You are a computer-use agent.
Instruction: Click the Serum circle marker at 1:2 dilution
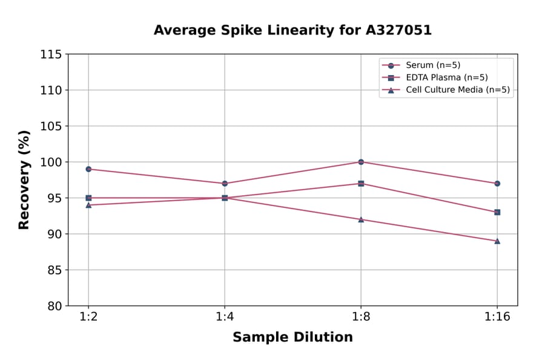coord(88,169)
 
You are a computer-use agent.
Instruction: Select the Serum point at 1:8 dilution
coord(361,162)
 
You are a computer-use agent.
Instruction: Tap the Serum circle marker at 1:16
coord(497,183)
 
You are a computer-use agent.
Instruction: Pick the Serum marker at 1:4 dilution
coord(225,183)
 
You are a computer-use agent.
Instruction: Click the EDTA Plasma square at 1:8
coord(361,183)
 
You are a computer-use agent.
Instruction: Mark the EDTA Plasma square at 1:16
coord(497,212)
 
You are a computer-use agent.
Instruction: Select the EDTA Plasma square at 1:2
coord(88,198)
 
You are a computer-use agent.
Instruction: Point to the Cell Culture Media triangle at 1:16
coord(497,241)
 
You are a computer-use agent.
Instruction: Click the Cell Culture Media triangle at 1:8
coord(361,219)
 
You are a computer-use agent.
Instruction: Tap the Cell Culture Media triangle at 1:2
coord(88,205)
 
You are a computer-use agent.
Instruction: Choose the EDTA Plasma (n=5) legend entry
coord(446,78)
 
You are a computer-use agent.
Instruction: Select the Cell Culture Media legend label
coord(457,90)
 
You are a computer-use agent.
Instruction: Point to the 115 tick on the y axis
coord(51,55)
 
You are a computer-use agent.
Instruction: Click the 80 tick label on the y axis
coord(54,306)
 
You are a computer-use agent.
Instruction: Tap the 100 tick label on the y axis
coord(51,162)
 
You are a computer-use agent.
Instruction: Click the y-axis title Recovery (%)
coord(24,180)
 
